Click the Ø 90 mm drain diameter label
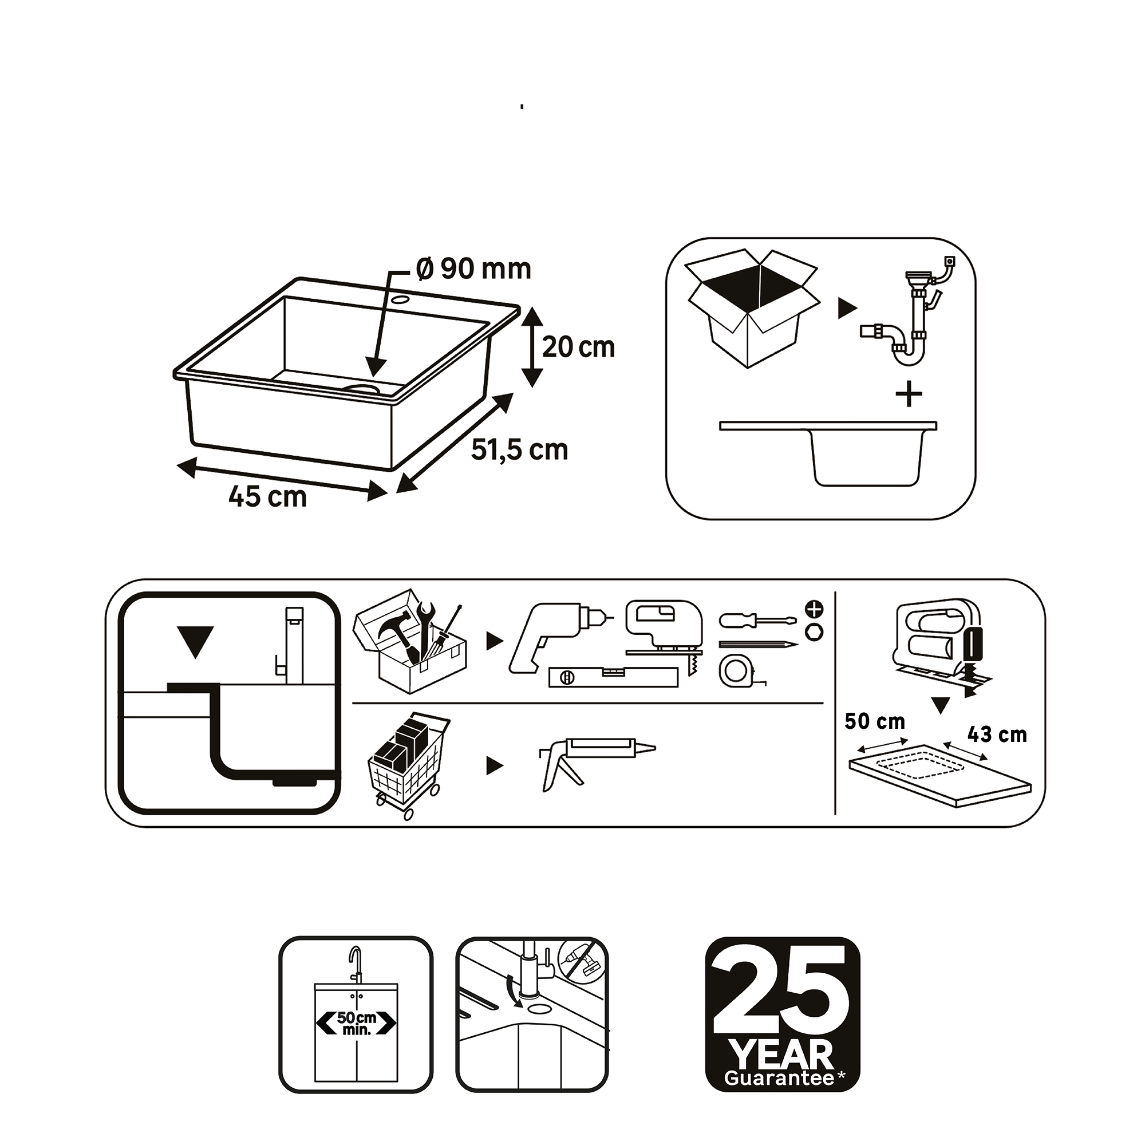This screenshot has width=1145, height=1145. [473, 270]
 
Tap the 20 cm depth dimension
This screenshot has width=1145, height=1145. [578, 348]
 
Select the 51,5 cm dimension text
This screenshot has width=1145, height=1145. [520, 451]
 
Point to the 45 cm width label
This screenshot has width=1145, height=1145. [268, 496]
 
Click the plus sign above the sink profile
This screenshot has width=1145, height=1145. [909, 395]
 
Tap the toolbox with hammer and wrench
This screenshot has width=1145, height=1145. [410, 641]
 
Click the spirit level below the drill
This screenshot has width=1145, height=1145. [613, 677]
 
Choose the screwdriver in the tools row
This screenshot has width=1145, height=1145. [753, 621]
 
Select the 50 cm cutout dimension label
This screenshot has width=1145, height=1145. [875, 721]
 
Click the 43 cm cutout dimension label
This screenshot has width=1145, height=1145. [997, 735]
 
